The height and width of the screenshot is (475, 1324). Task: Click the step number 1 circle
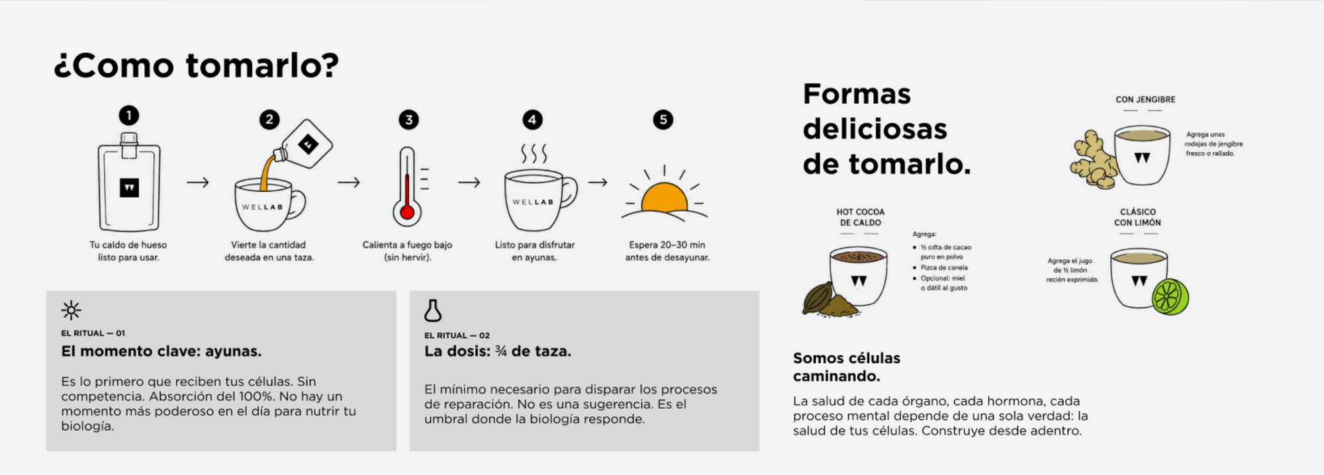129,116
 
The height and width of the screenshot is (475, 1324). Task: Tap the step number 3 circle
408,120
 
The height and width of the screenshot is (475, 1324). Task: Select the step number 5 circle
663,120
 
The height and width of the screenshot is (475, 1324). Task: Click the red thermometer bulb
407,212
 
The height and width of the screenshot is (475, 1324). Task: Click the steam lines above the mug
534,153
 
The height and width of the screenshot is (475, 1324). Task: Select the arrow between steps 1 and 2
197,182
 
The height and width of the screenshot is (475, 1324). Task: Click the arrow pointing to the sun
598,182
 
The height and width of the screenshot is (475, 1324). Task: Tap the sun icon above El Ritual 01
71,310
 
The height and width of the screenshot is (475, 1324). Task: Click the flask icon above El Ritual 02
433,310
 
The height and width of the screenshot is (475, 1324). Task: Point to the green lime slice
1170,296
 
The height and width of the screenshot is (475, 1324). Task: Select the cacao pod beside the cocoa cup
818,298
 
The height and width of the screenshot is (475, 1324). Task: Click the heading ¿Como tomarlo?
196,65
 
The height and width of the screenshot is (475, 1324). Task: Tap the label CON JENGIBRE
1145,99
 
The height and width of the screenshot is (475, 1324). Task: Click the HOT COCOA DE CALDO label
860,218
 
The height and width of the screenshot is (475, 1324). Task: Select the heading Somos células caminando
847,367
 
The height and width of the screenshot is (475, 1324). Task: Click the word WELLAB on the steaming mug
533,202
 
